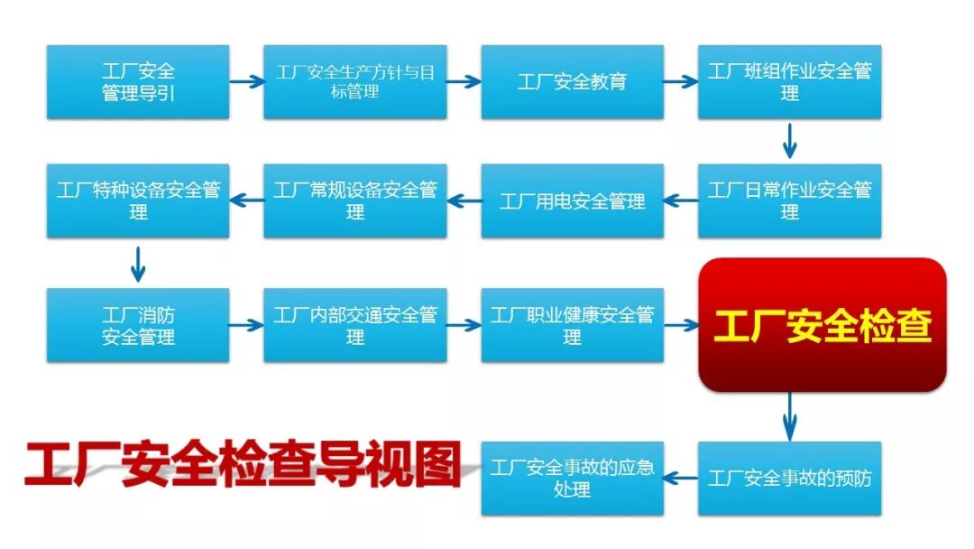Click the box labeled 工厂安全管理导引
click(138, 82)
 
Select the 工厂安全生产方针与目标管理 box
click(355, 82)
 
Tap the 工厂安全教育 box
click(572, 82)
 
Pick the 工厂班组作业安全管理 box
click(789, 82)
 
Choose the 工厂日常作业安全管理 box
click(789, 200)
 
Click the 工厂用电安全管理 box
click(572, 200)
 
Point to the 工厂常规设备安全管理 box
click(355, 200)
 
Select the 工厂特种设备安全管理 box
click(138, 200)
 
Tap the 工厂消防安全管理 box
click(138, 325)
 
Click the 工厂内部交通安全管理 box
click(355, 325)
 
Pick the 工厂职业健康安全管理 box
click(572, 325)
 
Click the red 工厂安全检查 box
click(822, 325)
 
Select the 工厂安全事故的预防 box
click(789, 478)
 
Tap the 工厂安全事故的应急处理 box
click(572, 478)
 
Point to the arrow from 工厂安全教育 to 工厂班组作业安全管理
click(681, 81)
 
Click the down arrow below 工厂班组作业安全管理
click(790, 141)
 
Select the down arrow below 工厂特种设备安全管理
click(137, 263)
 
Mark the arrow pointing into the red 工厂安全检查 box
click(682, 325)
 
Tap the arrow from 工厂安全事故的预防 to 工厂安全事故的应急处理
click(682, 478)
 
